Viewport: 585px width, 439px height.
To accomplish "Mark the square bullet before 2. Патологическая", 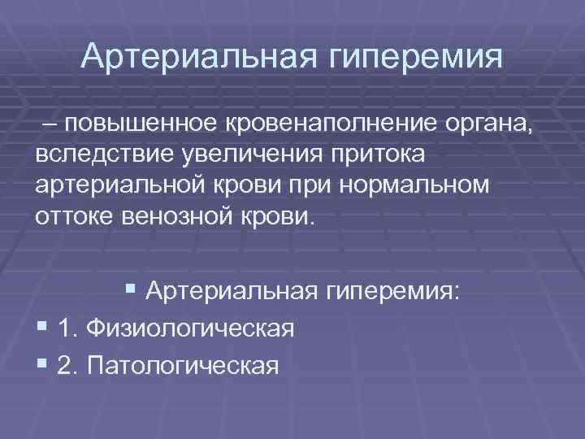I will (x=42, y=363).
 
